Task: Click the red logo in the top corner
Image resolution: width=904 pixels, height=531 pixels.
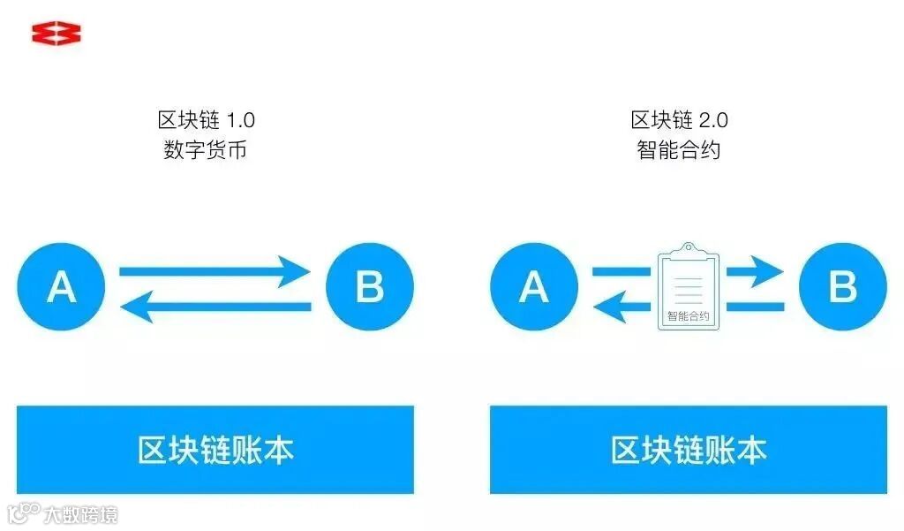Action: (56, 34)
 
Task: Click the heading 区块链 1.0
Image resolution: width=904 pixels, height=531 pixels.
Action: (206, 120)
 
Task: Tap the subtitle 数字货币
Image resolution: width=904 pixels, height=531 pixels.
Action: (206, 150)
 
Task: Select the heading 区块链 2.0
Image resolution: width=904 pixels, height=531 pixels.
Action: (679, 120)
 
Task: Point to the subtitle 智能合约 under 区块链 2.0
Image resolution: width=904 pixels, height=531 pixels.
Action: (679, 150)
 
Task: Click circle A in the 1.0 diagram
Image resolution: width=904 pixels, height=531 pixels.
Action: (61, 287)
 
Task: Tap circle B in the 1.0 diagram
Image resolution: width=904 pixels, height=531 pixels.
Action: (369, 287)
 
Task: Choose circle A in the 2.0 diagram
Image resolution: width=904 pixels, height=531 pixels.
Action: (534, 287)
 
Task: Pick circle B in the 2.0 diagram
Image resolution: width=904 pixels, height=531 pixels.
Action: (842, 287)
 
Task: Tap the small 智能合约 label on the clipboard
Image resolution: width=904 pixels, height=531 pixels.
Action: (689, 315)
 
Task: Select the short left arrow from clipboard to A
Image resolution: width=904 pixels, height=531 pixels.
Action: (622, 307)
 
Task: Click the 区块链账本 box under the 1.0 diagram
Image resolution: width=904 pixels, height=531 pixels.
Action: (215, 450)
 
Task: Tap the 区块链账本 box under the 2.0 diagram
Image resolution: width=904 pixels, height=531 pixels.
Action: (689, 450)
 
